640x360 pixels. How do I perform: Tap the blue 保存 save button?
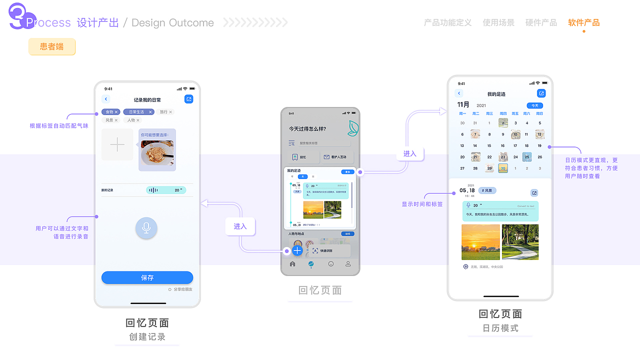pos(147,277)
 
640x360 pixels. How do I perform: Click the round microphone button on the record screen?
pos(146,228)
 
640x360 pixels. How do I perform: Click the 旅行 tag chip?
pos(165,112)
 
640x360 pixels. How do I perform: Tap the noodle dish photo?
pos(157,152)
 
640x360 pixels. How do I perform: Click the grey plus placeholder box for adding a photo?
pos(117,145)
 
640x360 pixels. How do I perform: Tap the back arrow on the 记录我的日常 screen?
pos(106,99)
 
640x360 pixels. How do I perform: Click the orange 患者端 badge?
pos(52,47)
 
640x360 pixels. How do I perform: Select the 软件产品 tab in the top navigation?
pos(583,22)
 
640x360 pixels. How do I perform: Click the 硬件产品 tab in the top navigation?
pos(541,22)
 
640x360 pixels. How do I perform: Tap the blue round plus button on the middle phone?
pos(297,250)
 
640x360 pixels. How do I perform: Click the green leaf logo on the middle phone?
pos(353,128)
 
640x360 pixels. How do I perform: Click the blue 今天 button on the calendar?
pos(534,105)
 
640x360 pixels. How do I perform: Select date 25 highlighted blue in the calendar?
pos(526,157)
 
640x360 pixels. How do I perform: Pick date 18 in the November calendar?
pos(526,145)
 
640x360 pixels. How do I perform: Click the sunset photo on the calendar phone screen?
pos(480,242)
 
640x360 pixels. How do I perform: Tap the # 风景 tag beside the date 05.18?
pos(487,190)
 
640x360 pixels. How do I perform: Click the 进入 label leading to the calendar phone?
pos(410,154)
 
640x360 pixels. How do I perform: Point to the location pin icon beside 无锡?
pos(465,267)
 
